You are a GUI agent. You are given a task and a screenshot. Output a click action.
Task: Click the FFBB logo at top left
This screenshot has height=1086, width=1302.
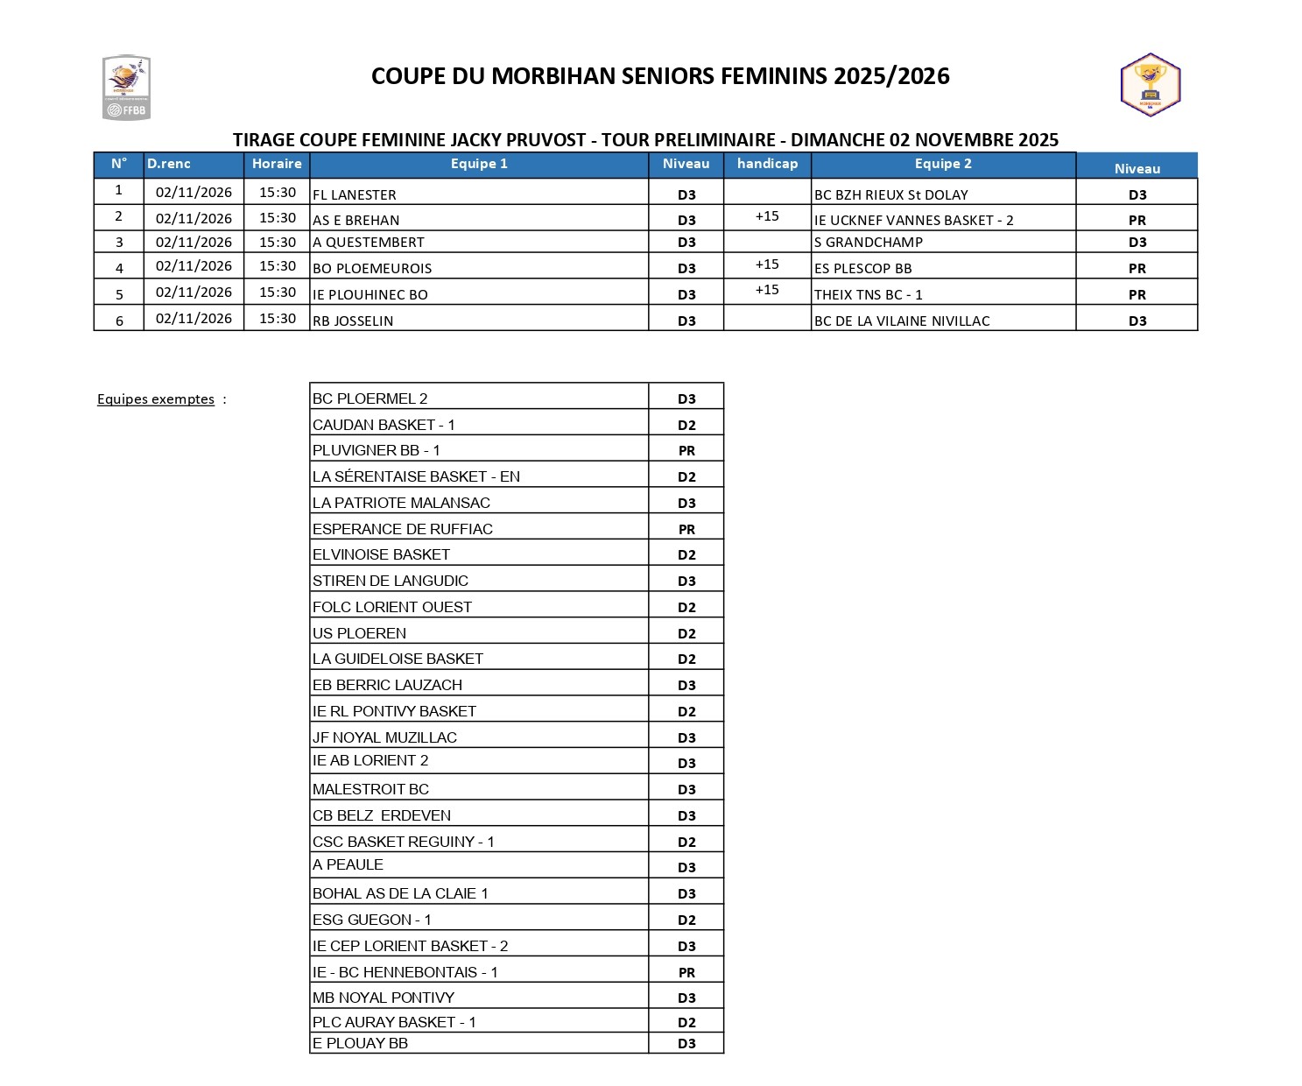click(126, 88)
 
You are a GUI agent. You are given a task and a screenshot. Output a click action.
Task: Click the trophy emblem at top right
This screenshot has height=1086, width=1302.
click(1151, 85)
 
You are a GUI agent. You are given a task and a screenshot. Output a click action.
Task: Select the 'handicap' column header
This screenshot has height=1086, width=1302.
click(767, 164)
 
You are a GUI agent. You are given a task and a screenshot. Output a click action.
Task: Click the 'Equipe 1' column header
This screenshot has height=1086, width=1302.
click(479, 164)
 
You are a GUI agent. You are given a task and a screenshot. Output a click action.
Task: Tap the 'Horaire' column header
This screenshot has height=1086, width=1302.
click(277, 164)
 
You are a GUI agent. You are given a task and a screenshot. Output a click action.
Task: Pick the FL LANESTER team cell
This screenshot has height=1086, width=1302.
click(355, 194)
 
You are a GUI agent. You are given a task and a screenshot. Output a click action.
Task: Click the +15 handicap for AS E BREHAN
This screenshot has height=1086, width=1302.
click(767, 216)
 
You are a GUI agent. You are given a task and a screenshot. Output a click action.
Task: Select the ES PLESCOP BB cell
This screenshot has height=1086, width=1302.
click(863, 268)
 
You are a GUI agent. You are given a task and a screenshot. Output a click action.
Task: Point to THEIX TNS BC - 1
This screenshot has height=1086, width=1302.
click(869, 294)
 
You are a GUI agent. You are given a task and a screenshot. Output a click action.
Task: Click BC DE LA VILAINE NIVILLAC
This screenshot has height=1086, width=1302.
click(902, 321)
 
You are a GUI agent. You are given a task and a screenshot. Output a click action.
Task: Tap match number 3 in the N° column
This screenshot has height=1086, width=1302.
click(119, 243)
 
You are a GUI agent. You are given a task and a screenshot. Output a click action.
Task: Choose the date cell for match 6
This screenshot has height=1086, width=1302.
click(194, 319)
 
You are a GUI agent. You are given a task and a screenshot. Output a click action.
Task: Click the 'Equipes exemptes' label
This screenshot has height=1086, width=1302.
click(156, 399)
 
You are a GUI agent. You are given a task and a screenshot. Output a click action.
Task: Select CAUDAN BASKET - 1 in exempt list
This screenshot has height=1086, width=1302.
click(384, 425)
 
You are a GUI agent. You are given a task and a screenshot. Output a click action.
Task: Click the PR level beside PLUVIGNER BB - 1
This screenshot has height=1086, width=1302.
click(686, 451)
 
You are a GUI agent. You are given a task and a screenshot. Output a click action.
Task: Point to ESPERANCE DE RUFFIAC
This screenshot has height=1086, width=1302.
click(403, 529)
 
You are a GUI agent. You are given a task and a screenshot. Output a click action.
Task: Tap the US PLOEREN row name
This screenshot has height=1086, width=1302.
click(359, 633)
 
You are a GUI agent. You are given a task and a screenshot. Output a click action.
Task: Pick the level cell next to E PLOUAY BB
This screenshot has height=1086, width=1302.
click(686, 1044)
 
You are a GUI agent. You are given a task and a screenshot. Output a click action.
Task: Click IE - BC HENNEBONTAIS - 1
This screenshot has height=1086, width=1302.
click(405, 972)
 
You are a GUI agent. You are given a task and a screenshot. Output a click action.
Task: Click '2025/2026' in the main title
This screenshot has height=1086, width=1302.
click(891, 76)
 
